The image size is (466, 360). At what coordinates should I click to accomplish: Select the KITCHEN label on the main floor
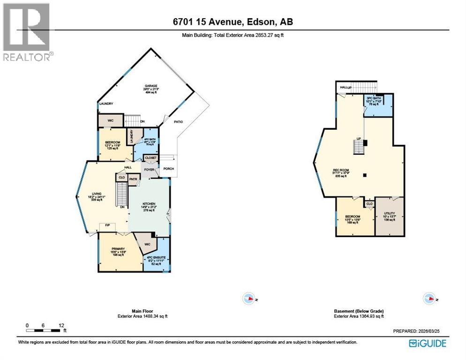tap(149, 203)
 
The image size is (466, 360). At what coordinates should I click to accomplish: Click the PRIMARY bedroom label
tap(118, 249)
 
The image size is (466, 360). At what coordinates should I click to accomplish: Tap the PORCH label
tap(168, 169)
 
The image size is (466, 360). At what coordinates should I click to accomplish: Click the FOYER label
tap(149, 169)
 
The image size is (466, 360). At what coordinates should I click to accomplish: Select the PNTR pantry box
tap(133, 178)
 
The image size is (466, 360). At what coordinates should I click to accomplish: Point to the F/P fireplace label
tap(107, 225)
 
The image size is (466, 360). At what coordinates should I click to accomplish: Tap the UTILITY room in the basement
tap(390, 213)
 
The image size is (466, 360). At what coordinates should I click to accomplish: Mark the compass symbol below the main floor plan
tap(248, 298)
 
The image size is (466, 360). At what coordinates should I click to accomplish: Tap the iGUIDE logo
tap(427, 344)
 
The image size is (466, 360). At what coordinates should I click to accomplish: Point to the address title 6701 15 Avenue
tap(233, 22)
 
